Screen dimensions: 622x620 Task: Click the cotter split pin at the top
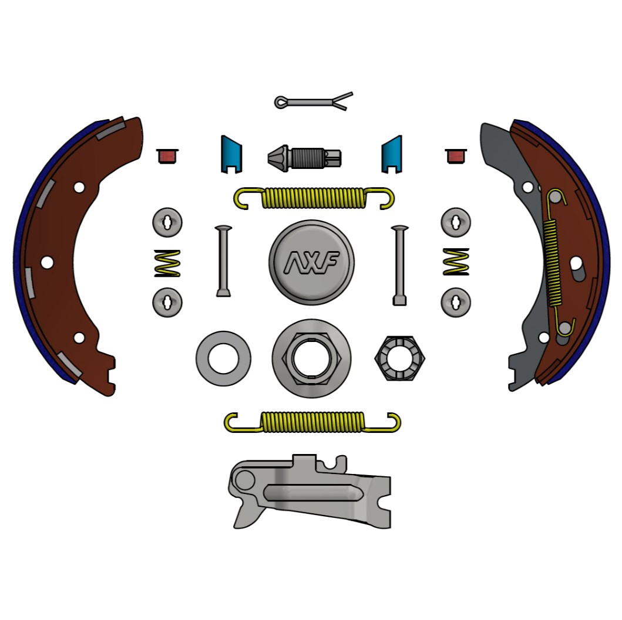(x=314, y=102)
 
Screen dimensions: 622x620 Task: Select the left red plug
(x=167, y=156)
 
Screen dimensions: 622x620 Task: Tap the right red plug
(x=456, y=156)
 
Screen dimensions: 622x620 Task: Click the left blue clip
(x=231, y=154)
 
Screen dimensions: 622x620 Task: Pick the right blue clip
(x=392, y=154)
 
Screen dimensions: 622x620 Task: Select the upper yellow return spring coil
(x=314, y=198)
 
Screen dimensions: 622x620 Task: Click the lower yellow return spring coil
(x=312, y=422)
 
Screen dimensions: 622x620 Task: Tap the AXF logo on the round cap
(x=312, y=262)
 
